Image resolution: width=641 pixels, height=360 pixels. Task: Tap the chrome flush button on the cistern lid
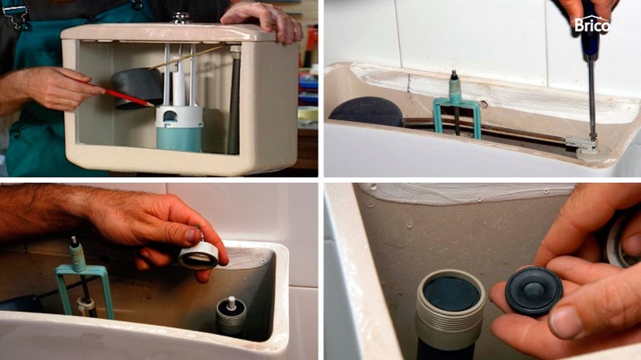(x=181, y=18)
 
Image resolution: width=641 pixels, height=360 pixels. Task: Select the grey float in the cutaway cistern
(x=137, y=88)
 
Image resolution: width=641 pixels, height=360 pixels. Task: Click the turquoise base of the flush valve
(x=179, y=139)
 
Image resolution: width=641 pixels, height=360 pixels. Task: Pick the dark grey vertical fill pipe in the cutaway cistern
(x=234, y=103)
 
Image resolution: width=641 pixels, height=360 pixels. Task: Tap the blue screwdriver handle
(x=590, y=29)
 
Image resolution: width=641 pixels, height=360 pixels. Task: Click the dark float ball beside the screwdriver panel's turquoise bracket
(x=367, y=112)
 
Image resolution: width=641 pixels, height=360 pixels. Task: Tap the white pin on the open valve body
(x=231, y=302)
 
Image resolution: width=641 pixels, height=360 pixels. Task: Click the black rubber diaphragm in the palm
(x=534, y=291)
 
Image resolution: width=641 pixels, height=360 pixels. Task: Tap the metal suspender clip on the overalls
(x=15, y=15)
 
